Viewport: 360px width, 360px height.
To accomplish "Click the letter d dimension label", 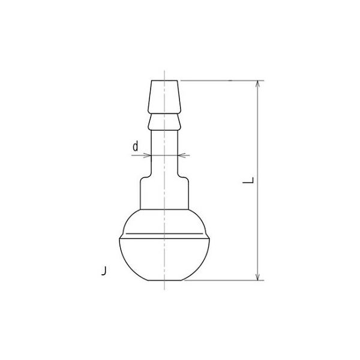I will point(136,146).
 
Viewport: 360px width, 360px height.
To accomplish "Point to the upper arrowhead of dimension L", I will point(259,83).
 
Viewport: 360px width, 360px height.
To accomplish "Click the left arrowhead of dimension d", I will point(147,155).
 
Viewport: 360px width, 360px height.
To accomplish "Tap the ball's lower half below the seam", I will point(164,258).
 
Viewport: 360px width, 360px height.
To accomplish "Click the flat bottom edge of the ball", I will point(164,280).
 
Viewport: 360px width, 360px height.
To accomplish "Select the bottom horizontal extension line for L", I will point(222,280).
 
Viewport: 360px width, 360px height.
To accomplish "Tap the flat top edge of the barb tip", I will point(164,80).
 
